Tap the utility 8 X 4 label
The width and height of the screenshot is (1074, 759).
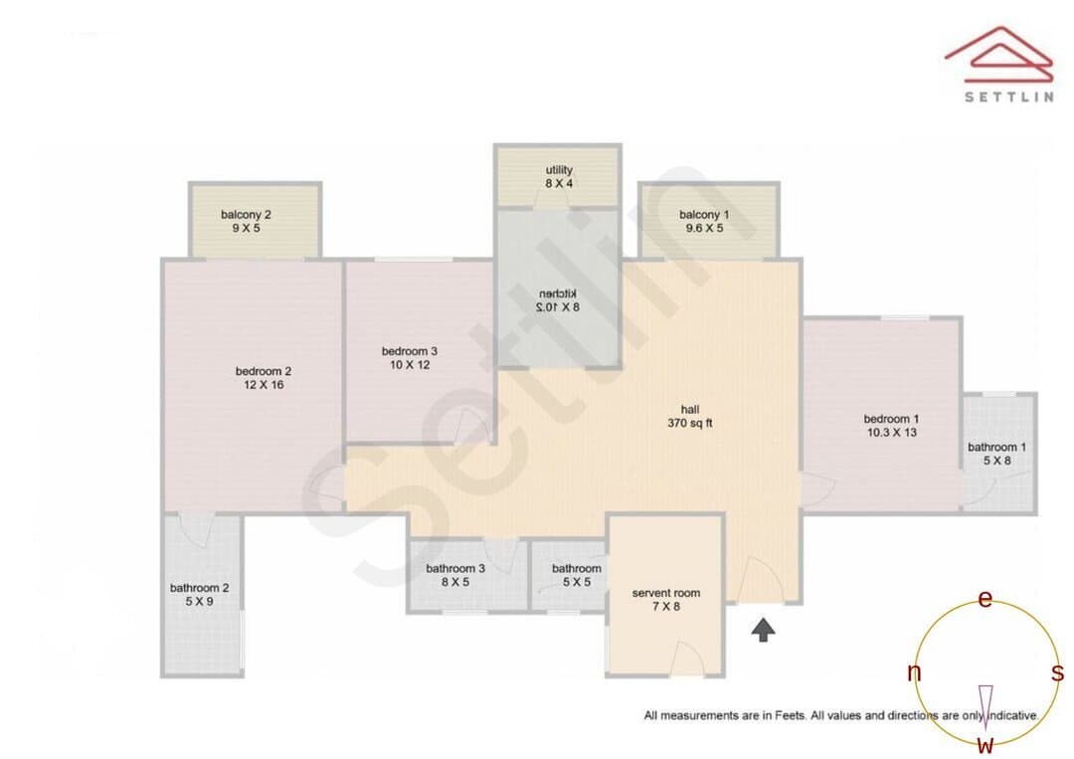click(x=559, y=177)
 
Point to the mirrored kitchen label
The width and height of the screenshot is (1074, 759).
click(x=558, y=300)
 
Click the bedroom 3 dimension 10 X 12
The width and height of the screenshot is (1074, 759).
click(x=410, y=365)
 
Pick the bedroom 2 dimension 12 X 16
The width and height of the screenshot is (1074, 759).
click(x=264, y=385)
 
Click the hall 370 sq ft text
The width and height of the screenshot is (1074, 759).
click(x=690, y=417)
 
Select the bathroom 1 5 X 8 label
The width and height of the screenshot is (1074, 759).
click(x=996, y=455)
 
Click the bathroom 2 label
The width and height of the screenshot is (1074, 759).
click(x=199, y=595)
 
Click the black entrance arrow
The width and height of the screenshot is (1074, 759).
click(x=763, y=630)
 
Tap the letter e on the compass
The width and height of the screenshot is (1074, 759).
click(x=984, y=599)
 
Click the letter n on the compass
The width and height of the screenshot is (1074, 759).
click(x=914, y=672)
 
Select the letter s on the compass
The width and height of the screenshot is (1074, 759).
click(x=1057, y=672)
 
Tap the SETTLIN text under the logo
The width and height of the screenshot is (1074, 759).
click(x=1009, y=96)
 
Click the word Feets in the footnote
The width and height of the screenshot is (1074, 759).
click(x=791, y=716)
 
